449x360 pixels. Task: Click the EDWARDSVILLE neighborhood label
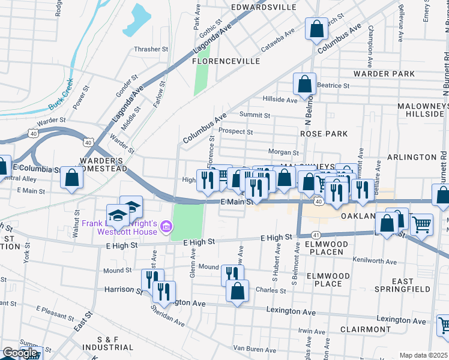pos(264,7)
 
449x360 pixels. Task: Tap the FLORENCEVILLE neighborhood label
pos(226,61)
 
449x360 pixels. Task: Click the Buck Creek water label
pos(61,95)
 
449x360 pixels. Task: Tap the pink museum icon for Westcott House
pos(166,226)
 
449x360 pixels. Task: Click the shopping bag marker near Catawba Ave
pos(316,28)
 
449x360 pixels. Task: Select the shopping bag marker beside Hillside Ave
pos(305,85)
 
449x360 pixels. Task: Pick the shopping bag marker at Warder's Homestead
pos(72,178)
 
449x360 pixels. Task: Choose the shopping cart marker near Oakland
pos(422,224)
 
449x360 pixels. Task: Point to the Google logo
pos(20,353)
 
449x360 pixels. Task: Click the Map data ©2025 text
pos(423,355)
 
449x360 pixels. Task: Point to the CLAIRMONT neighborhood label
pos(365,329)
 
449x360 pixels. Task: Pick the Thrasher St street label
pos(151,49)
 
